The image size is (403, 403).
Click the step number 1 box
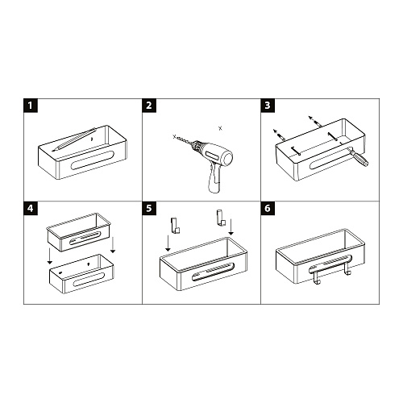(x=31, y=105)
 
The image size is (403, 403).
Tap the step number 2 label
(x=149, y=105)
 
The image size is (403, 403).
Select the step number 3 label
(x=268, y=105)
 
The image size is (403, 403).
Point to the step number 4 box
(x=31, y=208)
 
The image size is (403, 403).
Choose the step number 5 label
(x=149, y=208)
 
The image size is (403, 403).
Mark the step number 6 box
(x=268, y=208)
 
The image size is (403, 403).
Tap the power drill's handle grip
(x=214, y=179)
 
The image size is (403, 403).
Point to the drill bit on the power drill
(x=186, y=143)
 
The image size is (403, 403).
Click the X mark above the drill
(x=219, y=127)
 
